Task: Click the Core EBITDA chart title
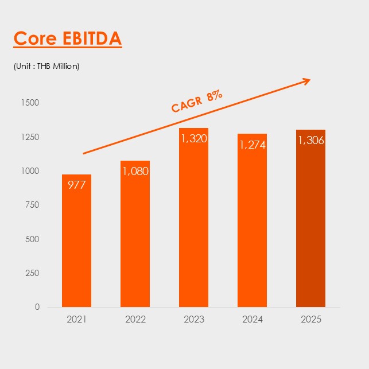pos(67,38)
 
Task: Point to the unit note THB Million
pos(46,66)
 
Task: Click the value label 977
pos(76,185)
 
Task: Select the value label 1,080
pos(135,170)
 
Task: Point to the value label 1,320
pos(193,138)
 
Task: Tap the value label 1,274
pos(252,145)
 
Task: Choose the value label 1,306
pos(310,140)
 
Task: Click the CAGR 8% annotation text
pos(197,102)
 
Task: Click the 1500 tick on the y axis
pos(30,103)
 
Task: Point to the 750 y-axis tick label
pos(32,205)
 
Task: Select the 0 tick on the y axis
pos(37,306)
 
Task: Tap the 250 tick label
pos(32,273)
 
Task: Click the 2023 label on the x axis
pos(193,318)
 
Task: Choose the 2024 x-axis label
pos(252,318)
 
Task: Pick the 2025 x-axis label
pos(310,318)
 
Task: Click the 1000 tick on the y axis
pos(30,171)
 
